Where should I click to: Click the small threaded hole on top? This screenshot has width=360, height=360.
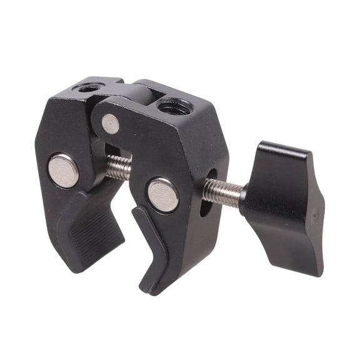click(x=87, y=88)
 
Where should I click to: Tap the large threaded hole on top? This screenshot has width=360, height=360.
click(x=174, y=107)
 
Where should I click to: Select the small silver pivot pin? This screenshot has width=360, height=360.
click(x=111, y=124)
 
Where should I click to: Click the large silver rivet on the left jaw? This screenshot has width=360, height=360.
click(x=64, y=170)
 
